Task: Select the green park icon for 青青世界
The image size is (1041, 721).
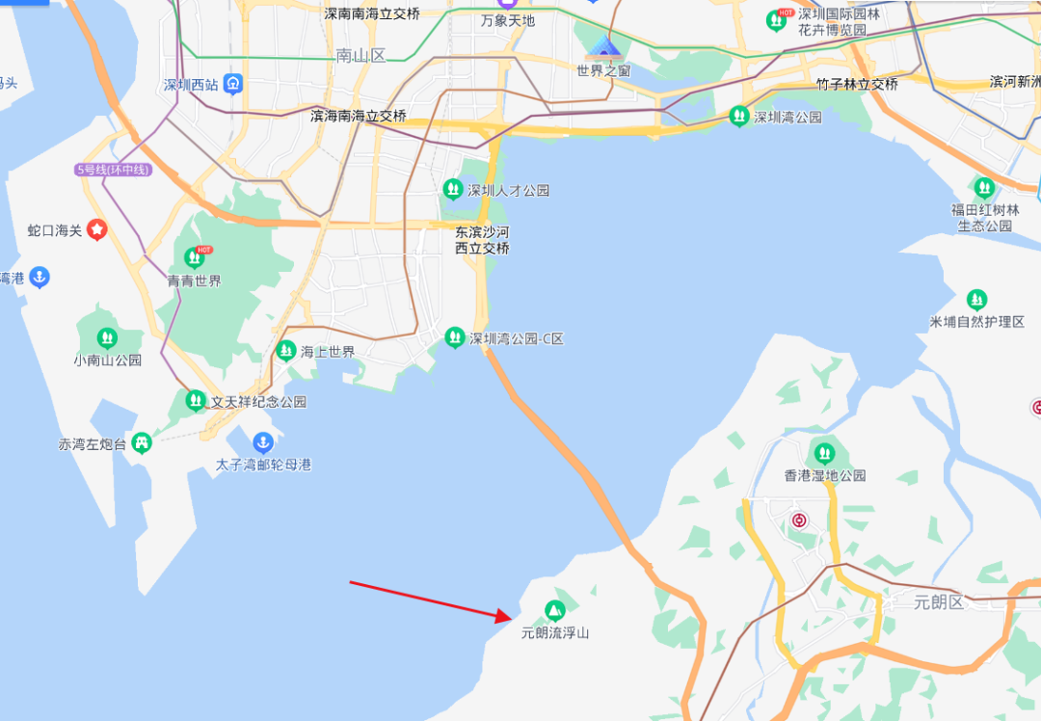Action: pyautogui.click(x=195, y=257)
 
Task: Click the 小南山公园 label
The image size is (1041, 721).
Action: pyautogui.click(x=107, y=360)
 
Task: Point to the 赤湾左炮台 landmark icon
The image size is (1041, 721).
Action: pyautogui.click(x=142, y=443)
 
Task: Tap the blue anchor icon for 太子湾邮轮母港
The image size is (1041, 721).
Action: pyautogui.click(x=262, y=443)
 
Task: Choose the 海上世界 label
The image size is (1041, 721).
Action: pyautogui.click(x=328, y=352)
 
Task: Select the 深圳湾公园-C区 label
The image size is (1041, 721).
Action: pyautogui.click(x=516, y=338)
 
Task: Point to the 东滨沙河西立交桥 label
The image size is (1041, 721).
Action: pyautogui.click(x=482, y=240)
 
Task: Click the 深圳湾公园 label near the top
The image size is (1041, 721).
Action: pyautogui.click(x=787, y=118)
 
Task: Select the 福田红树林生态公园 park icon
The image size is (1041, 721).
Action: pyautogui.click(x=984, y=187)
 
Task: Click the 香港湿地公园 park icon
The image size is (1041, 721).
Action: pyautogui.click(x=824, y=452)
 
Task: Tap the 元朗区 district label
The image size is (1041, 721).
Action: pyautogui.click(x=938, y=602)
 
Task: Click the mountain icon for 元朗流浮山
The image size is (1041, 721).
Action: pyautogui.click(x=554, y=610)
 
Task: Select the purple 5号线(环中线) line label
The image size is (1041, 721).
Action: pyautogui.click(x=114, y=170)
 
